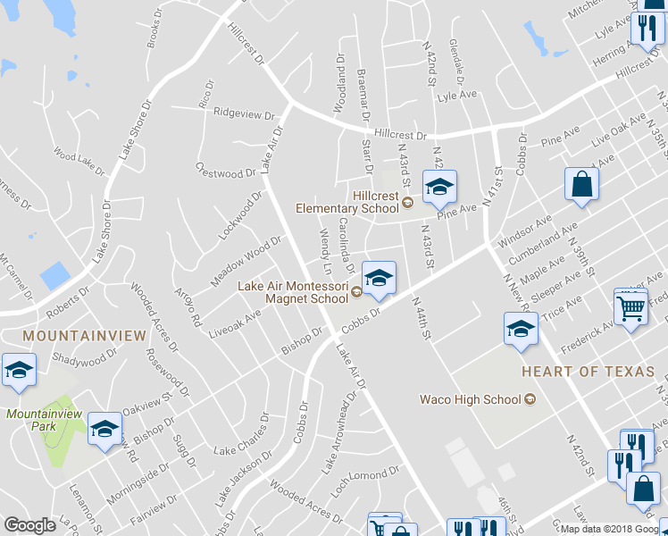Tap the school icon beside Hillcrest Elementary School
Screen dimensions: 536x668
pyautogui.click(x=438, y=187)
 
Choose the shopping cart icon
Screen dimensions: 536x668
pyautogui.click(x=631, y=309)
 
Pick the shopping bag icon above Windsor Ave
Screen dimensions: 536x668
pyautogui.click(x=581, y=185)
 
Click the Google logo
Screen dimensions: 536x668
pyautogui.click(x=29, y=525)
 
